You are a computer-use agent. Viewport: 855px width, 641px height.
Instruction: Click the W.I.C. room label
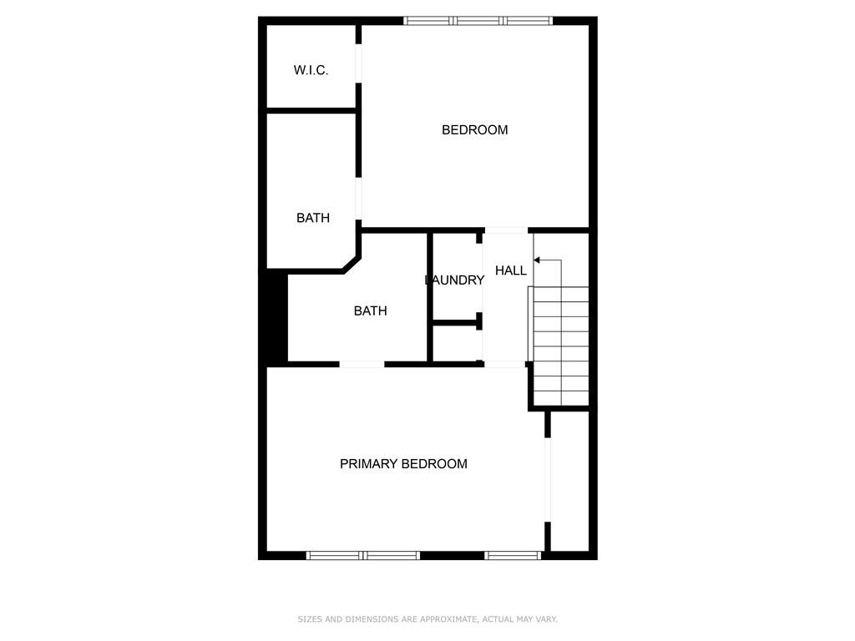311,70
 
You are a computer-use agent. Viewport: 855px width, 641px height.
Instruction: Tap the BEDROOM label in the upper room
474,129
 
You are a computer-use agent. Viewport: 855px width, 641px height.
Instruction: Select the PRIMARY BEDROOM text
403,464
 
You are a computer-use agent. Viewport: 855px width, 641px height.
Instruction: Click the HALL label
511,270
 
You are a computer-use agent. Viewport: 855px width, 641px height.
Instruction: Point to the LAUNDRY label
455,280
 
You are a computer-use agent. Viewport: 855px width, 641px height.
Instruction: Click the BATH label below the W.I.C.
313,218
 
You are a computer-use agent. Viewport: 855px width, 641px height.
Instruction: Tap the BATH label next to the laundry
370,310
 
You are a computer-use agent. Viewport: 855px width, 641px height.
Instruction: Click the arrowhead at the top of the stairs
537,260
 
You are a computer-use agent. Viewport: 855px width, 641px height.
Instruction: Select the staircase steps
560,346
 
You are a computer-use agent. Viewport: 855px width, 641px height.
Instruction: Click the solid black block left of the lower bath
276,316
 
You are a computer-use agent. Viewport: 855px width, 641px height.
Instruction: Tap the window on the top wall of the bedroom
478,21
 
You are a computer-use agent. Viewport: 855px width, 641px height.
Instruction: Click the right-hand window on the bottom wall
513,555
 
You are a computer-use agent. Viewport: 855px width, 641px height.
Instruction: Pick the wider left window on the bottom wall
363,555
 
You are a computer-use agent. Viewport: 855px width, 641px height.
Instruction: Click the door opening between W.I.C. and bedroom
358,63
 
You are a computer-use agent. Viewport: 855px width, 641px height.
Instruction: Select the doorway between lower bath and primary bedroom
362,364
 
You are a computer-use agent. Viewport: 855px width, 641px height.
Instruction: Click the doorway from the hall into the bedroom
506,230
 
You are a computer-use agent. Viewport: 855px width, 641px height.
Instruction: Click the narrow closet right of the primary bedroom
569,481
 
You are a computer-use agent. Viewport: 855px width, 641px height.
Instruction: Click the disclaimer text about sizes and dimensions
427,619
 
